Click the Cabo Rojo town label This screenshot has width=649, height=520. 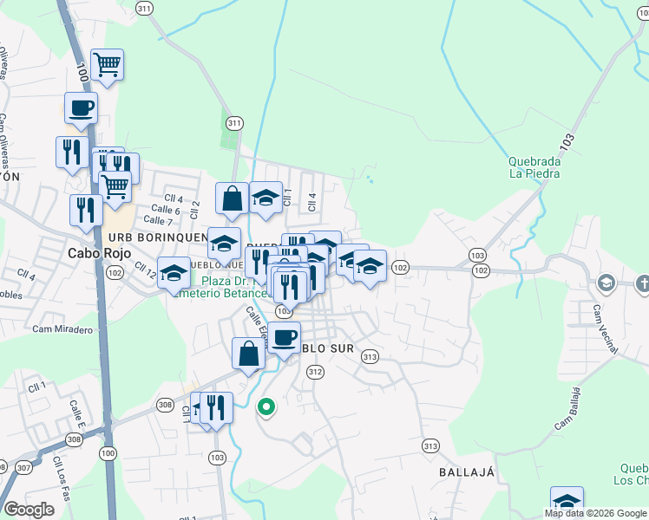(99, 253)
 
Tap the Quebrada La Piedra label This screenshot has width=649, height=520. (534, 167)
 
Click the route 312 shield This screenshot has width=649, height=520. (315, 372)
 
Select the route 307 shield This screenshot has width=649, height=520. (23, 468)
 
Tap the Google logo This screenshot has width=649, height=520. (29, 509)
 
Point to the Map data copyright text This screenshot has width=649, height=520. (594, 513)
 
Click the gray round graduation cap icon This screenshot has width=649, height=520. (606, 283)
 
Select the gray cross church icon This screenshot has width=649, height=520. (642, 283)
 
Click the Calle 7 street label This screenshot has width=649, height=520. (158, 221)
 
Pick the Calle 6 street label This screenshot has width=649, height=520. (165, 210)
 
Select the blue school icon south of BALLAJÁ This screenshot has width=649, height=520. (567, 501)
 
